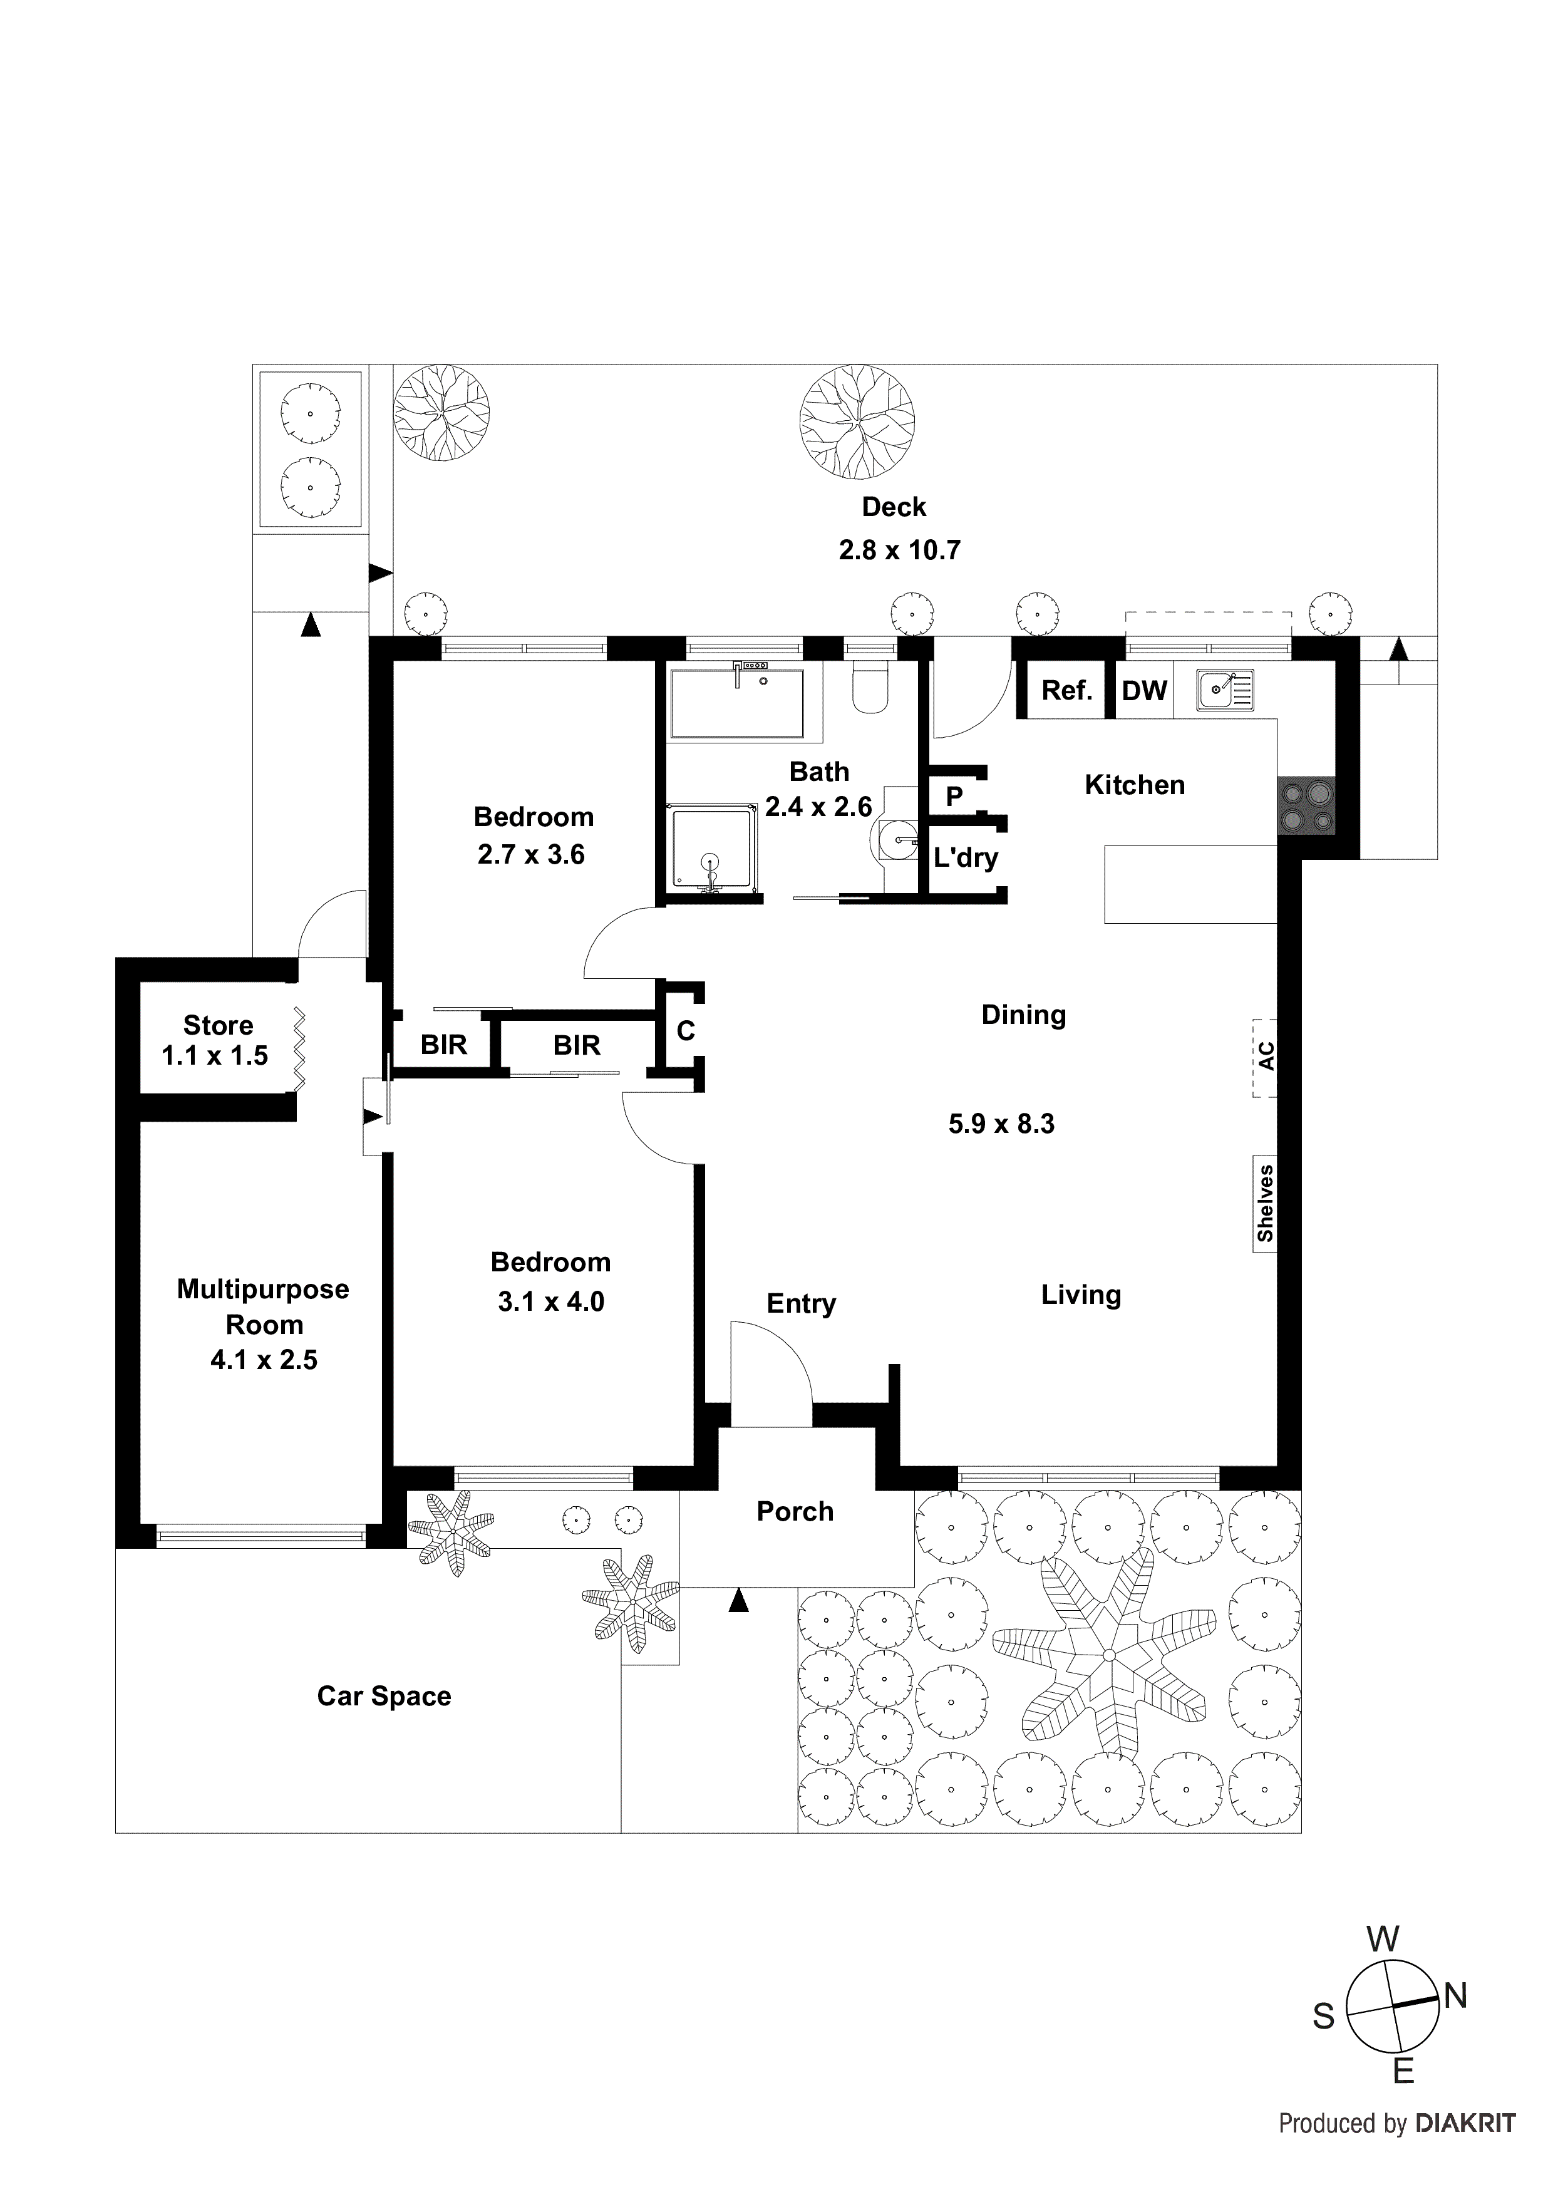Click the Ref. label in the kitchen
1066,691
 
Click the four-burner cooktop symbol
1305,805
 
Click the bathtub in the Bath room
737,703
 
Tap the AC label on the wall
1265,1057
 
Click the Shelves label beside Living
1265,1203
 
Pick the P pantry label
953,796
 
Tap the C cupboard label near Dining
685,1031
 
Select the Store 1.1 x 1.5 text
216,1040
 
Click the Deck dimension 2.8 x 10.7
899,551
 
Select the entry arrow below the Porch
738,1600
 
